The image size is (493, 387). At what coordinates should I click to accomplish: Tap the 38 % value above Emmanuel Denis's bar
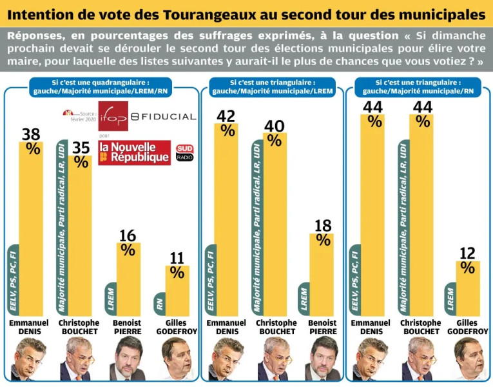point(31,141)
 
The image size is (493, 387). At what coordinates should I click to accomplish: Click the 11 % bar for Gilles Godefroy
point(177,290)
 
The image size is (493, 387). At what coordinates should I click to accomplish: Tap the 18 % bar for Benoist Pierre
point(322,274)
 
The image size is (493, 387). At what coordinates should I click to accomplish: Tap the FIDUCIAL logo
point(163,116)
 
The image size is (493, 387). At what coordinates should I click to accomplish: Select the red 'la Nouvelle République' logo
point(134,152)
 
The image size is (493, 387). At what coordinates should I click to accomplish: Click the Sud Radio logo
point(184,153)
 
